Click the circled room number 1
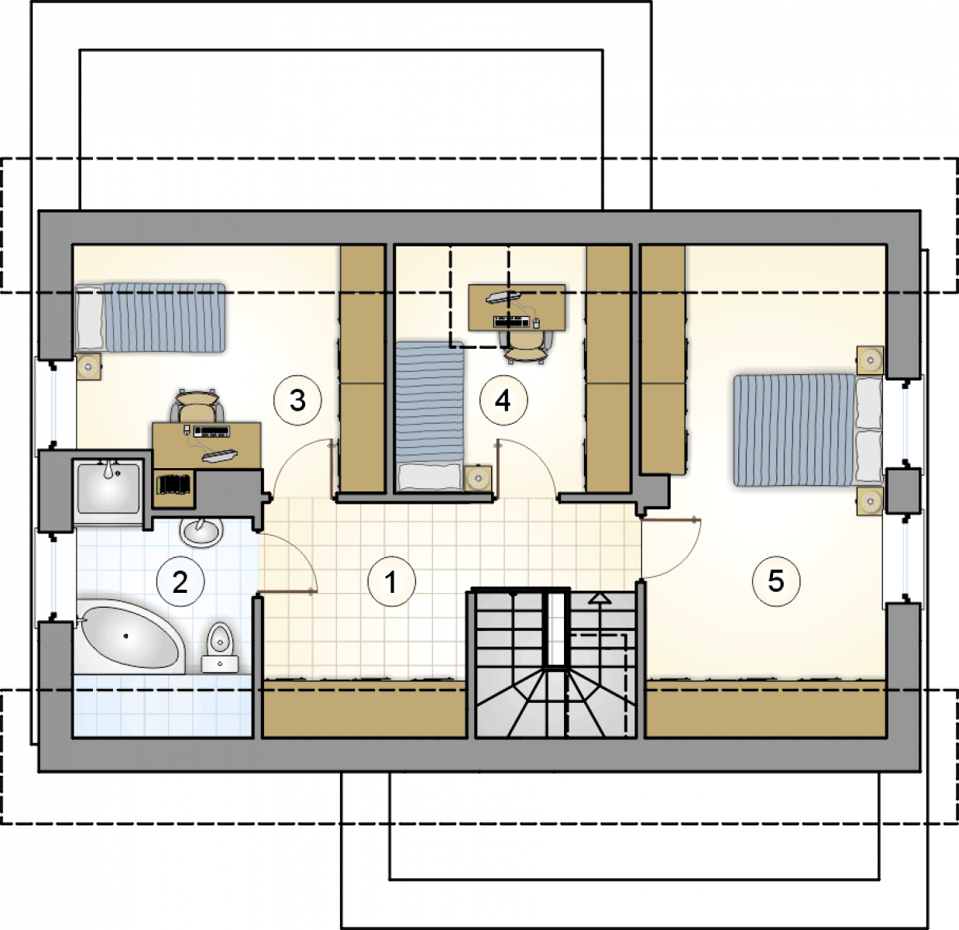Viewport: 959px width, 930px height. [392, 581]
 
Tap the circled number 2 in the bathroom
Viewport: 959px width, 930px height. [180, 582]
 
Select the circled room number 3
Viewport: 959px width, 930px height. [297, 400]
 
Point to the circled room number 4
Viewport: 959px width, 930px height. [504, 400]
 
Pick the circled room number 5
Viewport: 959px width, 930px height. [776, 581]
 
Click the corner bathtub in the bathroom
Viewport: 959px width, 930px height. [130, 636]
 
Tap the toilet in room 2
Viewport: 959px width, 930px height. [220, 647]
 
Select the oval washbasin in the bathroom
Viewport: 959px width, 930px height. [201, 532]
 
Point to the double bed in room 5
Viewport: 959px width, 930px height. [808, 430]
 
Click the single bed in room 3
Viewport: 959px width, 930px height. [151, 318]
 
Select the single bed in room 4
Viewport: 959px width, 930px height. [430, 416]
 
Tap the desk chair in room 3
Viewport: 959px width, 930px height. [197, 405]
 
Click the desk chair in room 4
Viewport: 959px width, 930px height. [526, 347]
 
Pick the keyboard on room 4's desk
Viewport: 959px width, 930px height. [512, 322]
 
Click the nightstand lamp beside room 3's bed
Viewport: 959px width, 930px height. [89, 367]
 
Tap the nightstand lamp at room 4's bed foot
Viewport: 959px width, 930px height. [478, 478]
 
